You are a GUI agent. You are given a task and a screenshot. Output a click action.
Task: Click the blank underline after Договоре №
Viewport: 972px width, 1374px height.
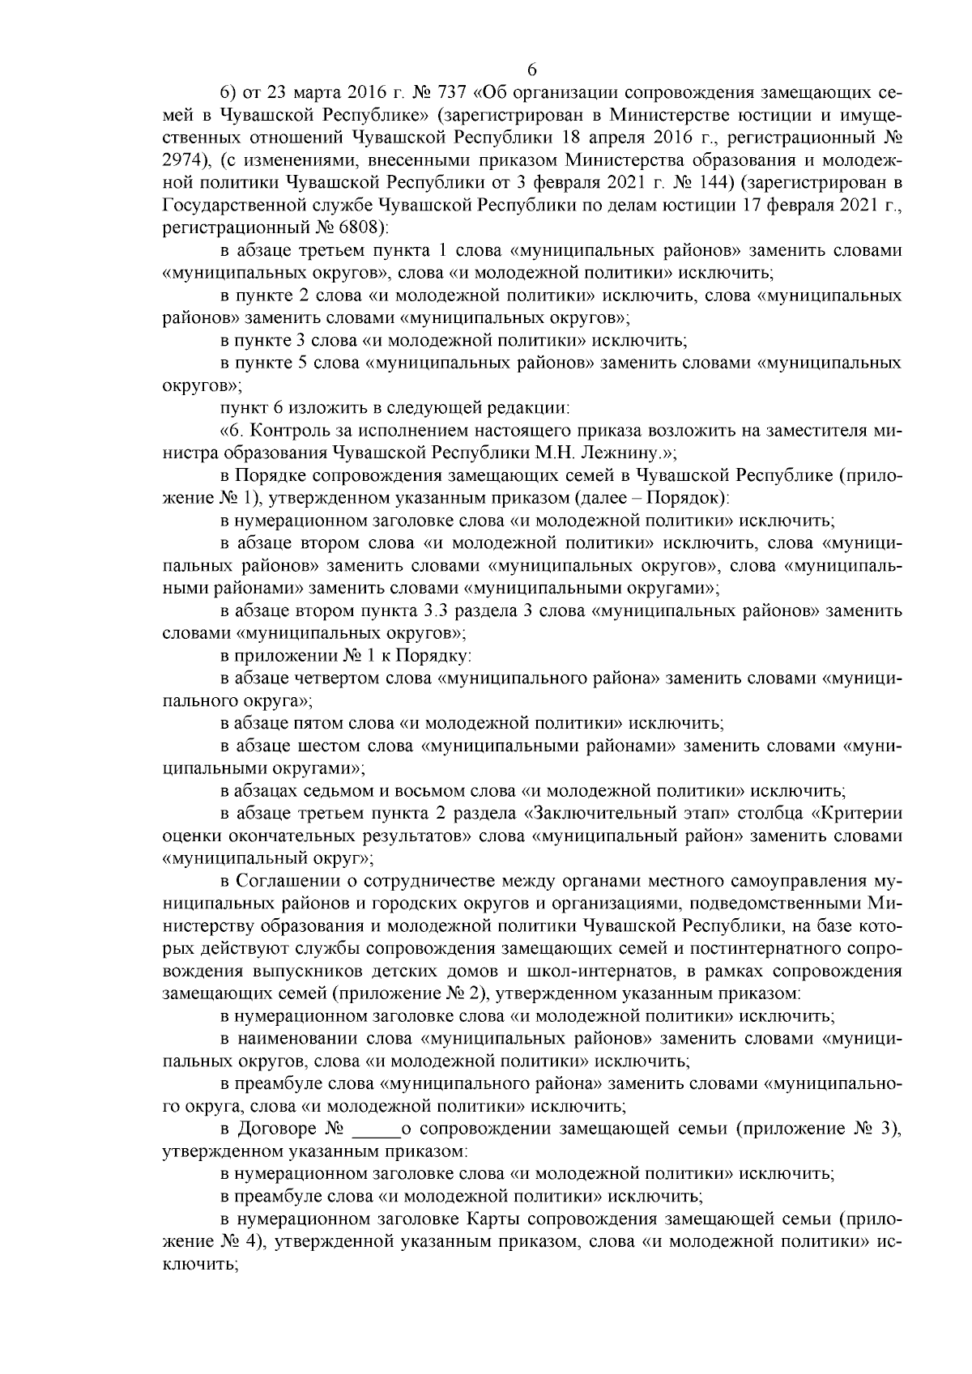[x=373, y=1127]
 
